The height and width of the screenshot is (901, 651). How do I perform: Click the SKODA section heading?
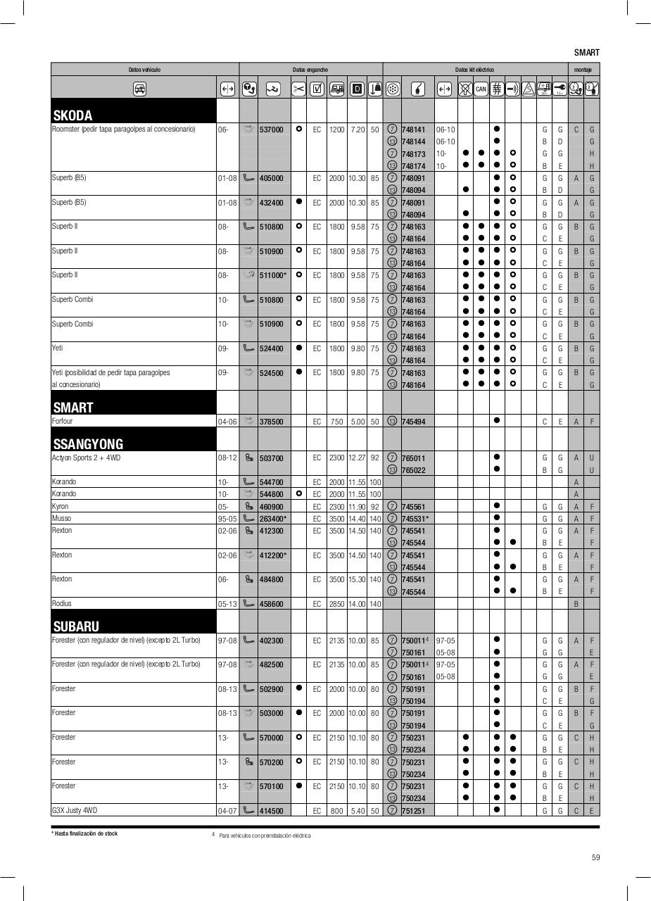(73, 115)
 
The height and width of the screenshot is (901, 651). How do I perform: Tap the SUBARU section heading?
(76, 626)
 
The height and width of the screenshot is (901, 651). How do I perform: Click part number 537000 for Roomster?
(272, 130)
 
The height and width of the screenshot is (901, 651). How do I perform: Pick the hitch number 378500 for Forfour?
(272, 422)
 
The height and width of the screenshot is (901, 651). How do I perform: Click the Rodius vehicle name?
(62, 603)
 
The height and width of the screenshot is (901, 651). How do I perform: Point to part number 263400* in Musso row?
(273, 519)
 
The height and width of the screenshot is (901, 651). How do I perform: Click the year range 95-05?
(227, 519)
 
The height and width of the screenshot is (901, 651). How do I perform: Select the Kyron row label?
(61, 506)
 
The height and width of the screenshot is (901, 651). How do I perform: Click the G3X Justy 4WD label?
(74, 810)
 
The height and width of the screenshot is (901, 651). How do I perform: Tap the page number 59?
(595, 857)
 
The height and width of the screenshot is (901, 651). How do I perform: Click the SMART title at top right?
(586, 53)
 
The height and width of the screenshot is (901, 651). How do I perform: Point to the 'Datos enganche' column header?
(310, 70)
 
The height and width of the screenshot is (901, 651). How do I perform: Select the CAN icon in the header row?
(481, 89)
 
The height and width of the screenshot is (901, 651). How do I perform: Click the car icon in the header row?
(139, 89)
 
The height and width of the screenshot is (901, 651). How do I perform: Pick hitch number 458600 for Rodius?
(272, 604)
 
